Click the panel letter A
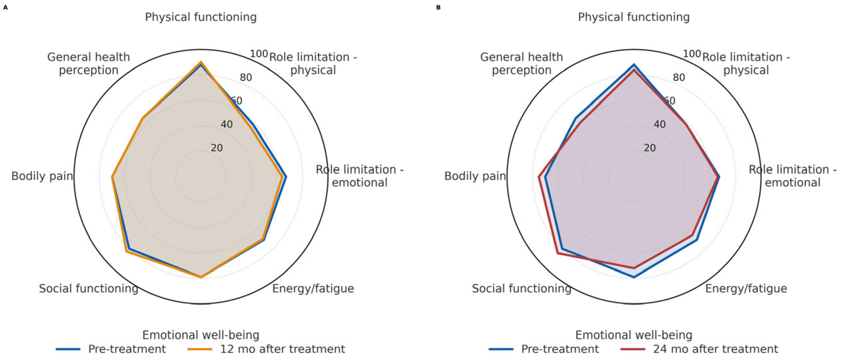[5, 7]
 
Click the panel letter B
[438, 7]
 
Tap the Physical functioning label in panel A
[201, 17]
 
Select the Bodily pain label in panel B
[475, 176]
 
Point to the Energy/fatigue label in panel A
[313, 288]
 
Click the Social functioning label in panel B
[521, 288]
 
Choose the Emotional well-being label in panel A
[201, 335]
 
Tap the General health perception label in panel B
[521, 63]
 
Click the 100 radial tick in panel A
[259, 54]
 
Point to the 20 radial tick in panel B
[649, 148]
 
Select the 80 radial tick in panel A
[246, 77]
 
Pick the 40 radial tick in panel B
[659, 124]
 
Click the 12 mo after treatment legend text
[282, 349]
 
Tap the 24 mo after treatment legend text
[715, 349]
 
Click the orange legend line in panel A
[200, 349]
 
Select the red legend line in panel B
[633, 349]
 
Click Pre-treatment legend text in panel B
[560, 349]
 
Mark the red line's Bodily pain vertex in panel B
[539, 177]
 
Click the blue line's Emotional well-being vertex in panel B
[634, 277]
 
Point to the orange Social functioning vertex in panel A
[126, 251]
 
